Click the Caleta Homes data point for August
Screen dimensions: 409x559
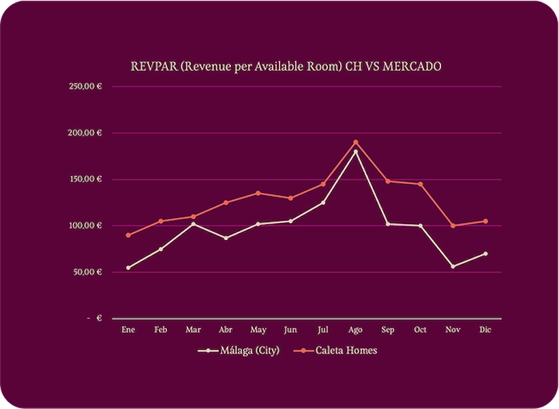point(355,142)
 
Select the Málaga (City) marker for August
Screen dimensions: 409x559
point(355,151)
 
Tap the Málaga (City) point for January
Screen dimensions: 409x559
point(128,268)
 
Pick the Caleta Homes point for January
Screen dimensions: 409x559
point(128,235)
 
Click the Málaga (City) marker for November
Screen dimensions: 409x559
point(453,267)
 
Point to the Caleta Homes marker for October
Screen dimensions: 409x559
point(420,184)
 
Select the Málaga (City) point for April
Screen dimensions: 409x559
point(226,238)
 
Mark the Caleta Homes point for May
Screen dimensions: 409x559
point(258,193)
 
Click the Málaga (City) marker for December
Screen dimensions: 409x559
point(485,254)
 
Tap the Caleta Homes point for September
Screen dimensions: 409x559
point(388,181)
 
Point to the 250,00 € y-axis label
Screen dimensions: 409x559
point(85,87)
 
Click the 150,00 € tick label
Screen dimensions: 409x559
point(85,179)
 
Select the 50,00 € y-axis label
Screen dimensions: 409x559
point(87,272)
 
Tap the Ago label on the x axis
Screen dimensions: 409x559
point(355,330)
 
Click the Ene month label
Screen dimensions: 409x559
point(128,330)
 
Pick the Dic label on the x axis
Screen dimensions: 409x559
point(485,330)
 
